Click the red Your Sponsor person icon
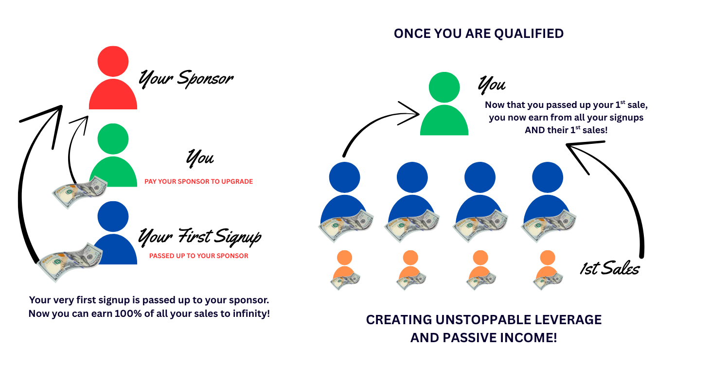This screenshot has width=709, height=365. click(x=113, y=78)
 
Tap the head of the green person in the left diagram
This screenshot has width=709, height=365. click(x=113, y=139)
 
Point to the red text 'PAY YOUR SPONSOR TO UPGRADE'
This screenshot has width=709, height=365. click(x=199, y=182)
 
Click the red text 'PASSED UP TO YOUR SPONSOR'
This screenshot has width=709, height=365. click(x=199, y=256)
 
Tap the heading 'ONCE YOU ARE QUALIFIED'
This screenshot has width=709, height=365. click(x=479, y=34)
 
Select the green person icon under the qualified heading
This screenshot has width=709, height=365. click(x=444, y=104)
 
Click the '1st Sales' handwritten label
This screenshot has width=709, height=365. click(x=610, y=269)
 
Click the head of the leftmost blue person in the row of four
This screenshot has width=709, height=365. click(x=344, y=177)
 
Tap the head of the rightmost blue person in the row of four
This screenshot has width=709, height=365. click(x=548, y=177)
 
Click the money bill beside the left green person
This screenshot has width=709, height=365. click(x=80, y=192)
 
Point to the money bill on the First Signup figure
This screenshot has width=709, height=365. click(x=70, y=261)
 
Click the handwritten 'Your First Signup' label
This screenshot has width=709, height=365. click(x=200, y=237)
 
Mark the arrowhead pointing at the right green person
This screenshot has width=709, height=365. click(x=411, y=113)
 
